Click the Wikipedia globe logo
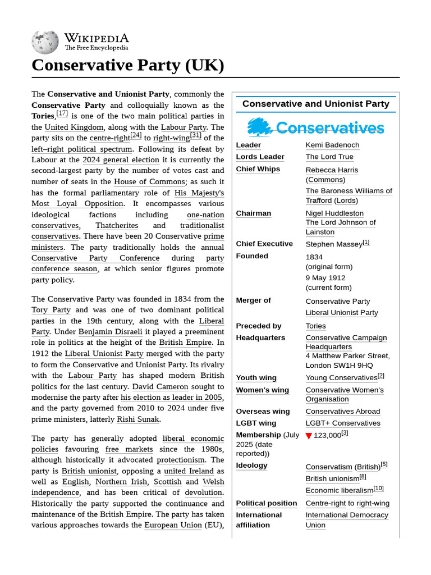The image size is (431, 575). coord(45,42)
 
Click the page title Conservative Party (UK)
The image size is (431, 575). coord(128,65)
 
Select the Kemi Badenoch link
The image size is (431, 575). coord(332,145)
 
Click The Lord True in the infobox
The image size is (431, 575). coord(329,157)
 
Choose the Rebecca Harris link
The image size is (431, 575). coord(332,170)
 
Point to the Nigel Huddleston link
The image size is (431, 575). coord(334,213)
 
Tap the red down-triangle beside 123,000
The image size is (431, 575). coord(309,436)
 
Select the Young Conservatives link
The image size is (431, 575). coord(341,378)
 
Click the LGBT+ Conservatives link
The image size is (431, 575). coord(343,423)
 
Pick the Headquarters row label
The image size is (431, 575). coord(260,337)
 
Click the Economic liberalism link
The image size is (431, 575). coord(339,491)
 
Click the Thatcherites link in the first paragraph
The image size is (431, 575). coord(117,226)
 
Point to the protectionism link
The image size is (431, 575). coord(181,460)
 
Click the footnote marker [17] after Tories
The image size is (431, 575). coord(62,114)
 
